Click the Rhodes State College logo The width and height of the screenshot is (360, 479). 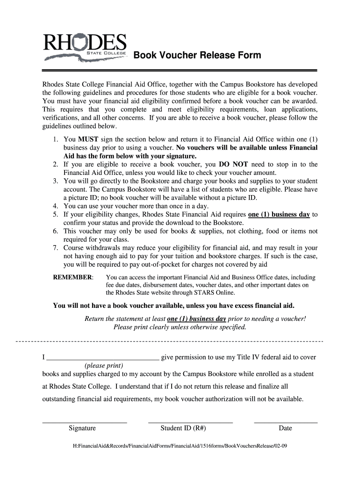pyautogui.click(x=85, y=46)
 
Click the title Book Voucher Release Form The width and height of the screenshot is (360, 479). pyautogui.click(x=197, y=56)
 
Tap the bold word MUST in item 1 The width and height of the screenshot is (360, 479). pyautogui.click(x=87, y=139)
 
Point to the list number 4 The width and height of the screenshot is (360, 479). pyautogui.click(x=55, y=206)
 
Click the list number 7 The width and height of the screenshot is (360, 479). pyautogui.click(x=55, y=248)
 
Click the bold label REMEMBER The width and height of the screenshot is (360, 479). pyautogui.click(x=73, y=277)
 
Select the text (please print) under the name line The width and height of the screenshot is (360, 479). pyautogui.click(x=104, y=365)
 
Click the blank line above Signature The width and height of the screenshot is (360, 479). pyautogui.click(x=85, y=422)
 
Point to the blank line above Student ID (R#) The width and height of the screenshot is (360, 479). pyautogui.click(x=190, y=422)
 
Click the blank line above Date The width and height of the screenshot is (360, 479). pyautogui.click(x=286, y=422)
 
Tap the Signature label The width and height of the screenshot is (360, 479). pyautogui.click(x=82, y=428)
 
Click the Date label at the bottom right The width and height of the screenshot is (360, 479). pyautogui.click(x=285, y=428)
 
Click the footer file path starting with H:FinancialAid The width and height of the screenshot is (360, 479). pyautogui.click(x=180, y=446)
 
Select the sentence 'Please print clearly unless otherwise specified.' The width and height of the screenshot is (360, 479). pyautogui.click(x=180, y=327)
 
